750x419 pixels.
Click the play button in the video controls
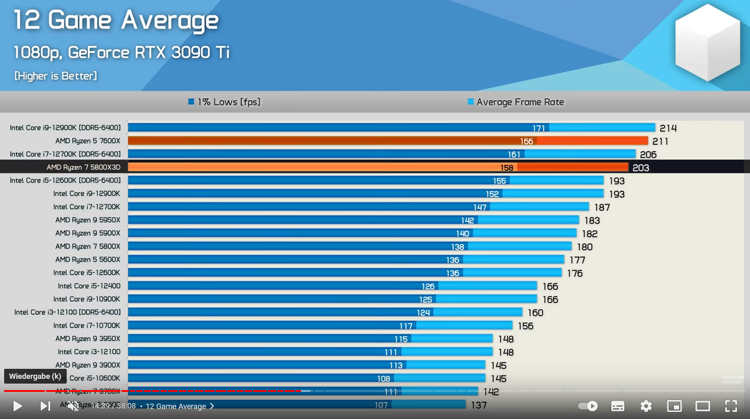18,406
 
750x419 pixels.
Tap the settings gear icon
646,406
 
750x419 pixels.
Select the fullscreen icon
731,406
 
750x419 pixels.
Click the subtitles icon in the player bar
618,406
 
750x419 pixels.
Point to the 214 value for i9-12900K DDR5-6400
668,128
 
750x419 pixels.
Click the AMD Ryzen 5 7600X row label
88,141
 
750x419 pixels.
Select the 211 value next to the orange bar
660,142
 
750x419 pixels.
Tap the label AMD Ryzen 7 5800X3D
83,168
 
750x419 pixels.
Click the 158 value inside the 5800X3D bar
506,168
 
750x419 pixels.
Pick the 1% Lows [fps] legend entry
224,102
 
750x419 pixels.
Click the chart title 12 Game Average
116,21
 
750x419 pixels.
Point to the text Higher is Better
55,76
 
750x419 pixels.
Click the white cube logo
707,42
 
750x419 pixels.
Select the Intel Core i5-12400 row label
89,286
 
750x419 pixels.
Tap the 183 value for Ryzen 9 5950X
592,221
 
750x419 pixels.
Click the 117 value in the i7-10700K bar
405,326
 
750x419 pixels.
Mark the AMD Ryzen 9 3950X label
88,339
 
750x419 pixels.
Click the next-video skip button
45,406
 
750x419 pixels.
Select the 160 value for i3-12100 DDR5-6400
535,313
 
